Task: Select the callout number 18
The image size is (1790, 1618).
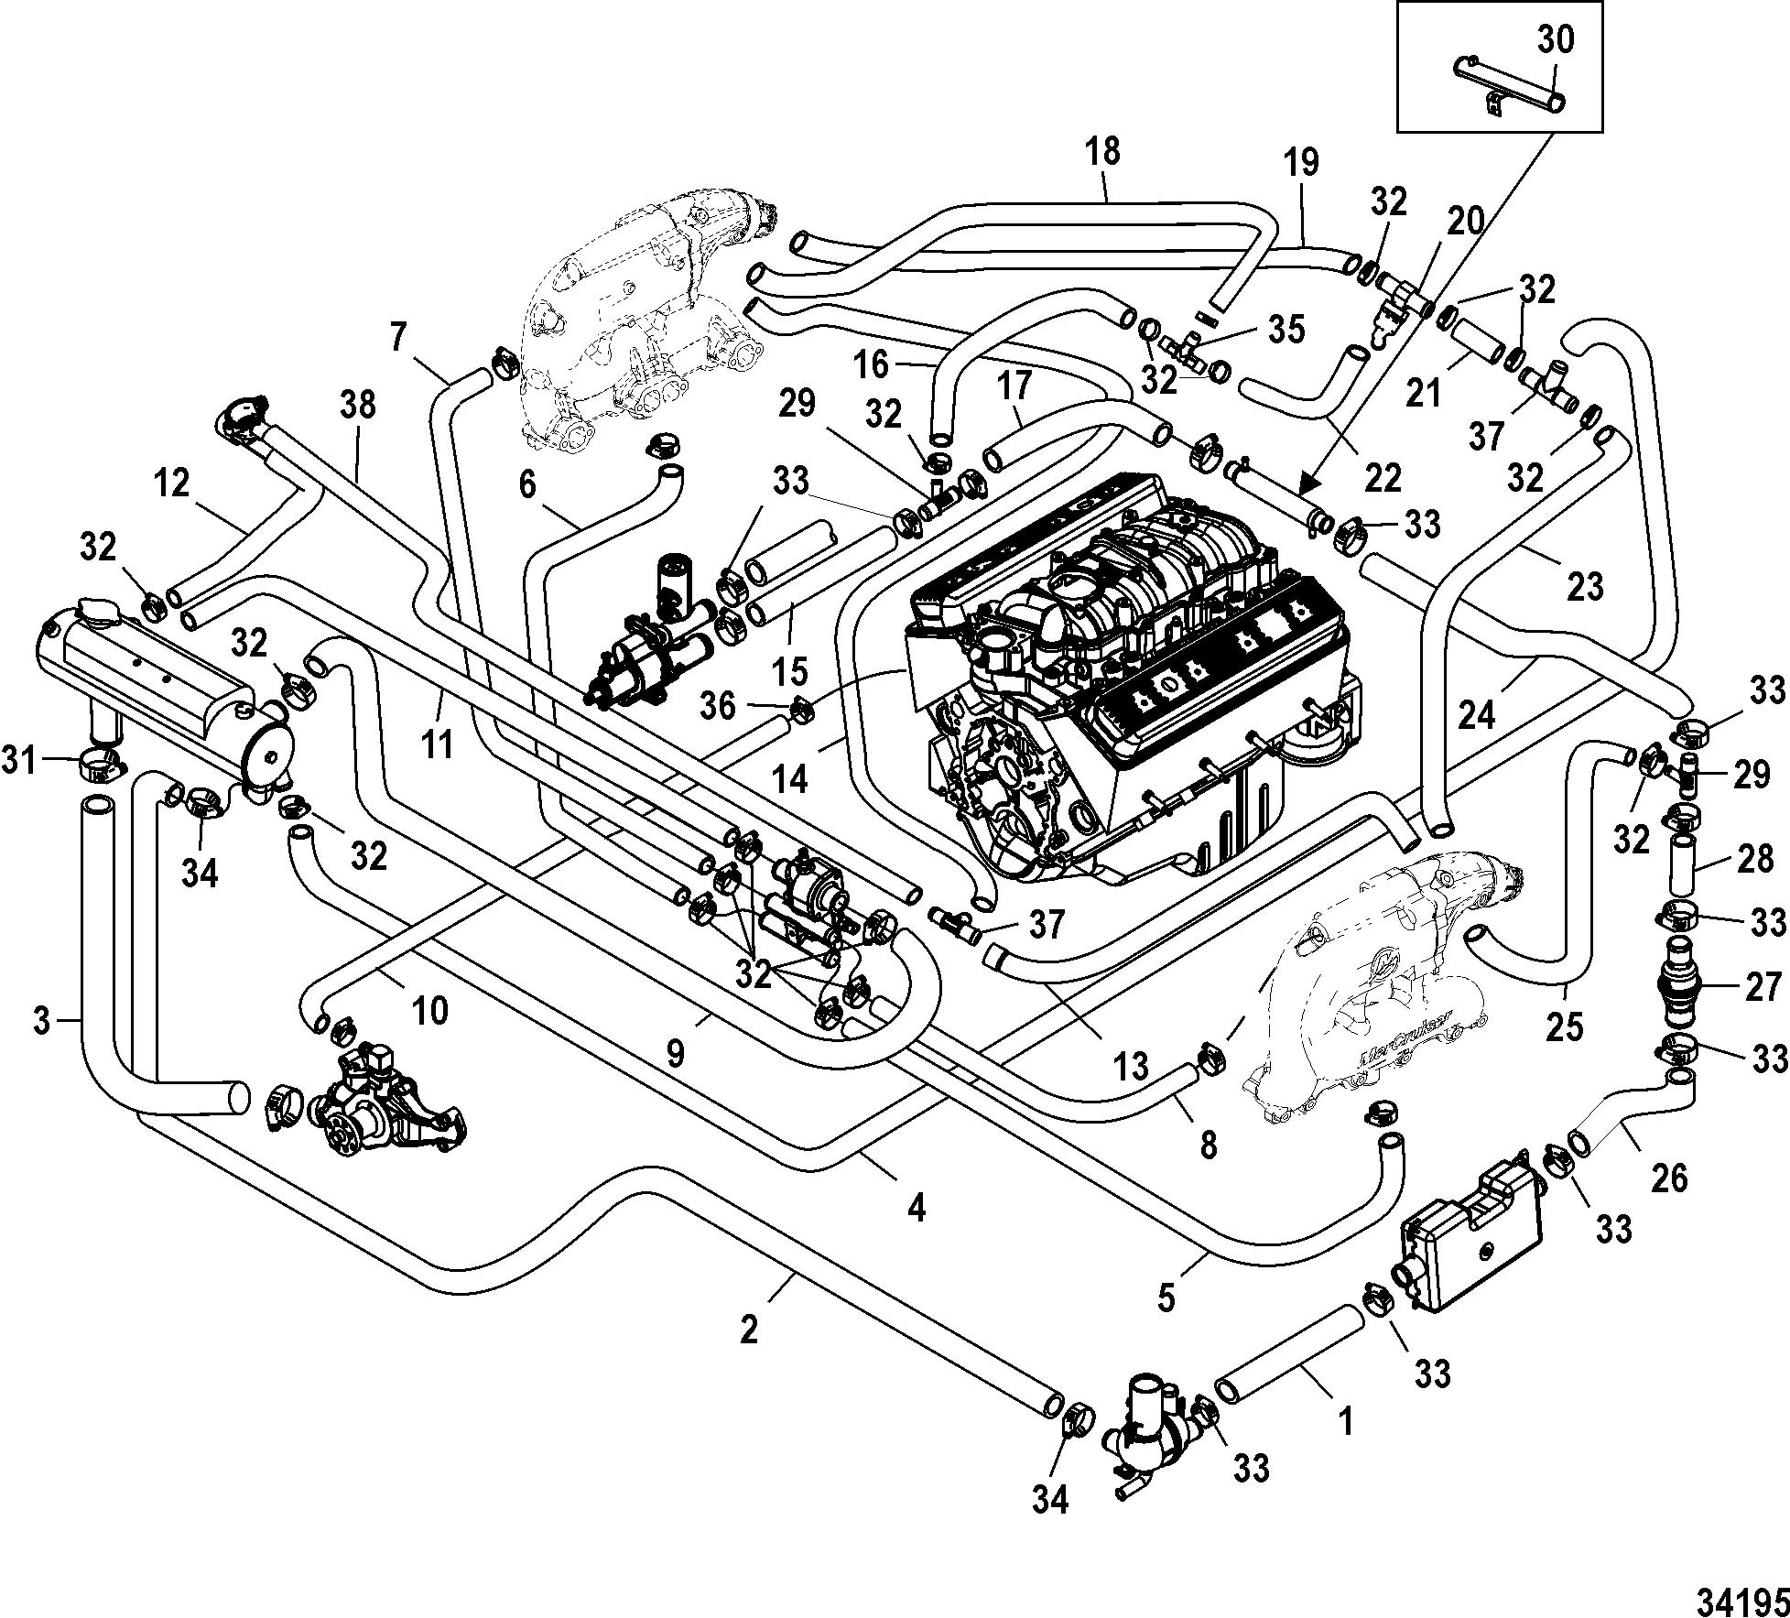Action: [x=1104, y=152]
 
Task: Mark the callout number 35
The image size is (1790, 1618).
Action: [x=1286, y=331]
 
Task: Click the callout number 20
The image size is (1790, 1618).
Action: [x=1464, y=223]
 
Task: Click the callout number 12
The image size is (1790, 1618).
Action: [x=171, y=483]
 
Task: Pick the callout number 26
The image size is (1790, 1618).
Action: [x=1668, y=1178]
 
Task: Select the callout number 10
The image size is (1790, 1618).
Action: [x=430, y=1012]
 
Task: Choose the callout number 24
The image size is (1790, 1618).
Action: [x=1475, y=714]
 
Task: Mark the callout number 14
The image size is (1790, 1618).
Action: [x=791, y=779]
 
